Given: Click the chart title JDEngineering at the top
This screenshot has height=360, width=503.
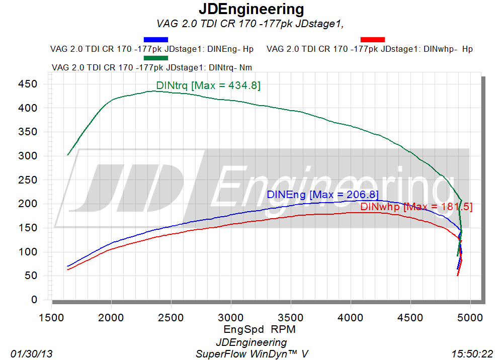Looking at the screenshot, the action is (x=251, y=9).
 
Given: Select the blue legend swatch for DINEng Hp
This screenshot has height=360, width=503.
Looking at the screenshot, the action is (x=156, y=39).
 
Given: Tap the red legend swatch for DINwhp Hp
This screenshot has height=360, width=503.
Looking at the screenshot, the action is (x=372, y=39).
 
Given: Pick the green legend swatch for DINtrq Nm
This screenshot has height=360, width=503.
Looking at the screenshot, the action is (x=156, y=58).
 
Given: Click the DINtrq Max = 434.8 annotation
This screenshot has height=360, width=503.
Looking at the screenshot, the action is (x=208, y=85).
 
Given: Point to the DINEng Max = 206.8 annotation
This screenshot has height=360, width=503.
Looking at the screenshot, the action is (x=323, y=194).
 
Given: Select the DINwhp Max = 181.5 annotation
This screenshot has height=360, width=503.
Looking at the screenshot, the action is (x=416, y=207).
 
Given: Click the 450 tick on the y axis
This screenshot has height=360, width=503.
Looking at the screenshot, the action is (x=28, y=84).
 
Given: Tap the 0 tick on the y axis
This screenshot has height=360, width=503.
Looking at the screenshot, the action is (x=34, y=299).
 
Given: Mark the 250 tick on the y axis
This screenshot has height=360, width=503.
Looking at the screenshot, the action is (x=28, y=180).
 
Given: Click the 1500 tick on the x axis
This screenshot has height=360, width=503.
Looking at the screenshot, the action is (x=51, y=318).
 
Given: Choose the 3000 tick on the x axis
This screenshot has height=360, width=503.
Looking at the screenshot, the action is (x=231, y=318).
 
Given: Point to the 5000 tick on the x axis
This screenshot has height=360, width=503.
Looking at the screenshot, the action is (x=470, y=318).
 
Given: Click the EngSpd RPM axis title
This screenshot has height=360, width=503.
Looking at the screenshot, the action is (x=260, y=329).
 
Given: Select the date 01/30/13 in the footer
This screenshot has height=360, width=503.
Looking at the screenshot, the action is (x=31, y=354).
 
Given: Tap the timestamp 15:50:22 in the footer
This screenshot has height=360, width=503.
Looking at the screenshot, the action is (x=472, y=354).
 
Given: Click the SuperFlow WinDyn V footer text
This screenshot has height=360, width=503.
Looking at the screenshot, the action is (x=252, y=354).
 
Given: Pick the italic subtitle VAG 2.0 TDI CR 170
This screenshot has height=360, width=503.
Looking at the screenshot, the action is (x=250, y=24).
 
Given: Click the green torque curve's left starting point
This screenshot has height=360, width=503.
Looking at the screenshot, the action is (x=68, y=155).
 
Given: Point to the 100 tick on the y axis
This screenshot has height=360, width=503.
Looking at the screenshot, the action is (x=28, y=251).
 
